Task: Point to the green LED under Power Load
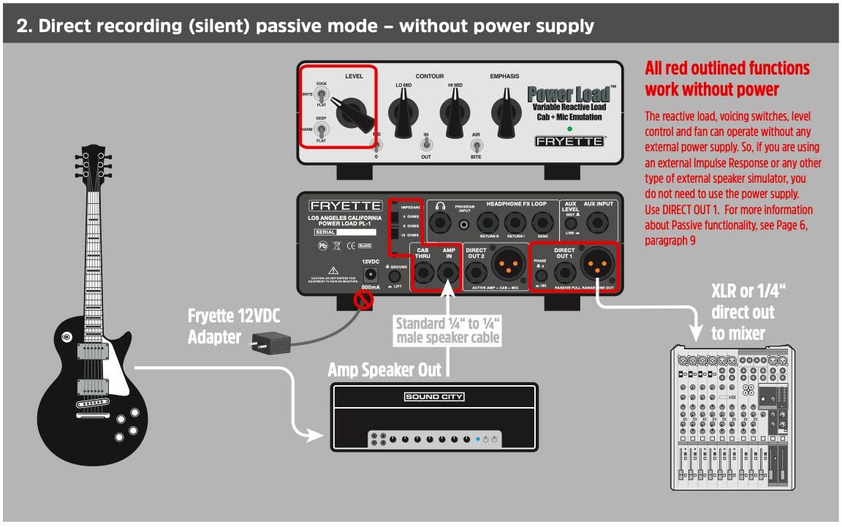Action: click(569, 129)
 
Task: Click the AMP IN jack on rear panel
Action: click(448, 273)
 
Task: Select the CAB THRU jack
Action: click(423, 273)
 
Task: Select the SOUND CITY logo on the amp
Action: click(434, 397)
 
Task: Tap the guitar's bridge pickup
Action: click(93, 387)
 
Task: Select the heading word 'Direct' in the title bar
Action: click(65, 27)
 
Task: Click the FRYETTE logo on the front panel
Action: click(569, 141)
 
